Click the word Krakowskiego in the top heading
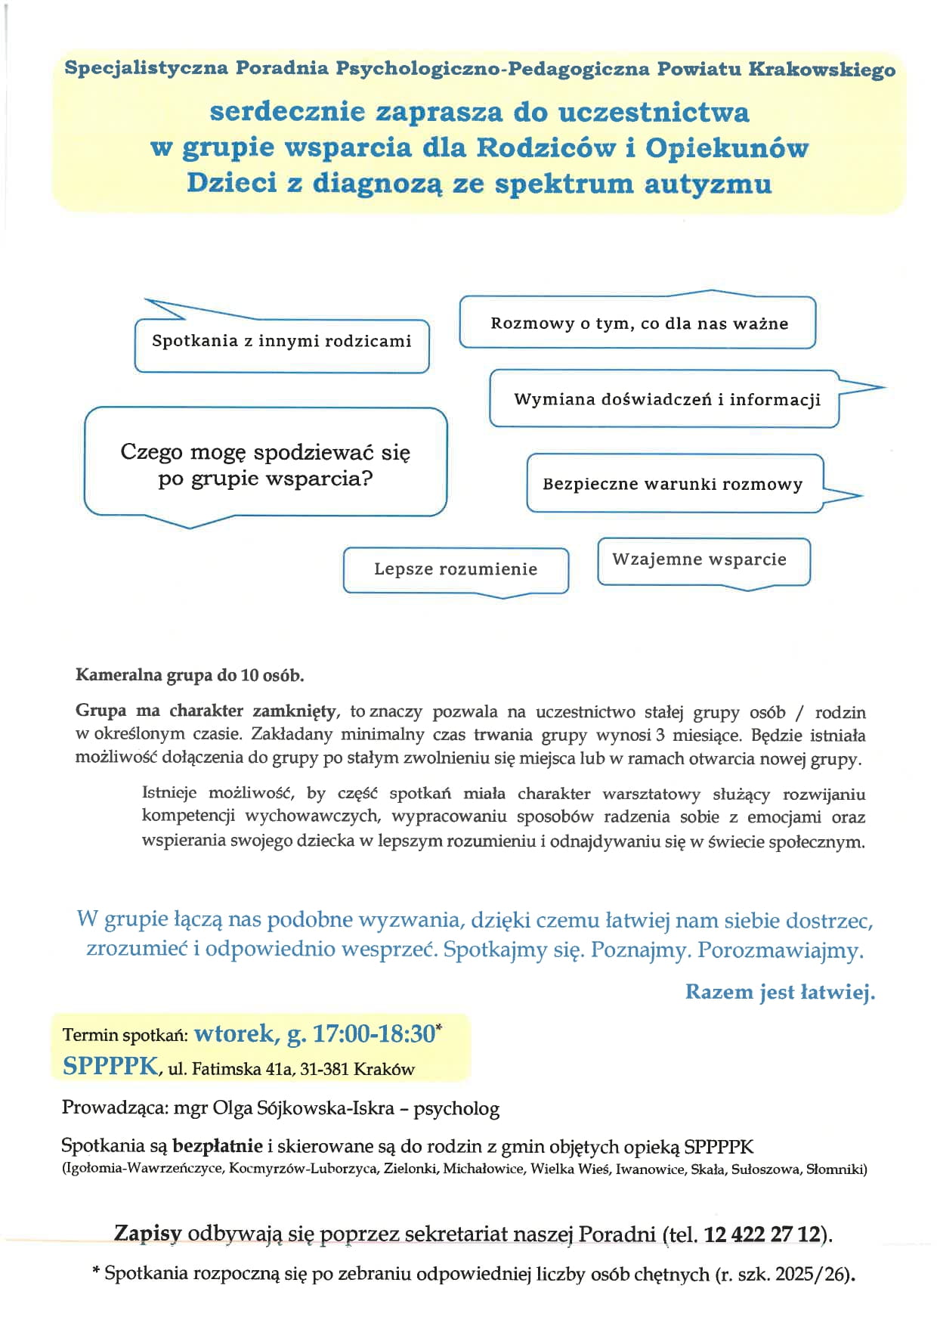click(x=821, y=70)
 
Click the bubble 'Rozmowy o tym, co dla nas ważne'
click(x=639, y=324)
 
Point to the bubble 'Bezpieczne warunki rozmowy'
click(x=672, y=484)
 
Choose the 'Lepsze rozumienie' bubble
click(x=456, y=569)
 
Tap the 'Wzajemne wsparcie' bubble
click(x=699, y=559)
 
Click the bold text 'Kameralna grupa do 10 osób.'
click(x=190, y=675)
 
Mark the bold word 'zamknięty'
click(x=295, y=711)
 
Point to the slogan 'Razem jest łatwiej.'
click(x=780, y=992)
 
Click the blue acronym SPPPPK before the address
click(x=111, y=1066)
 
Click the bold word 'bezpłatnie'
click(x=218, y=1146)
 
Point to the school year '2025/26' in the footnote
click(x=818, y=1275)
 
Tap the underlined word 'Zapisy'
click(x=148, y=1234)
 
